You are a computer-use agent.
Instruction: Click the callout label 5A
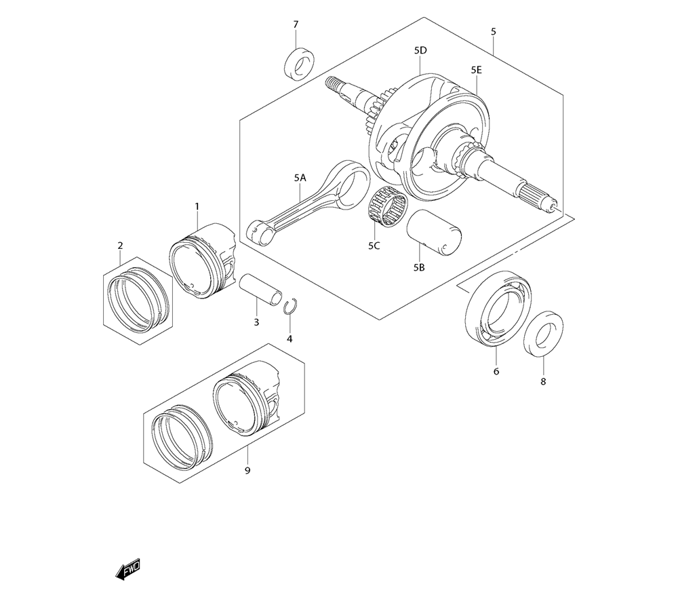point(300,178)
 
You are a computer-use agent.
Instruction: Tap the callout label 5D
point(420,51)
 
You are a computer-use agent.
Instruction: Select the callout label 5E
point(476,70)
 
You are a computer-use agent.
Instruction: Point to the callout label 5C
point(374,246)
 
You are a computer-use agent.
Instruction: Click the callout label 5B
point(418,268)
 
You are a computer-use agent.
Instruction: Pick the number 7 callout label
point(296,25)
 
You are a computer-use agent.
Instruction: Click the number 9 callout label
point(247,470)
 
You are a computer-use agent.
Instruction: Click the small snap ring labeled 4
point(290,306)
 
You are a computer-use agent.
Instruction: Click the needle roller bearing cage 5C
point(387,206)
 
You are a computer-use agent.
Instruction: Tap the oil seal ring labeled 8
point(542,332)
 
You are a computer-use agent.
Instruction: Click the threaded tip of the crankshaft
point(333,85)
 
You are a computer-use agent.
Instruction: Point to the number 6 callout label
point(496,372)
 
